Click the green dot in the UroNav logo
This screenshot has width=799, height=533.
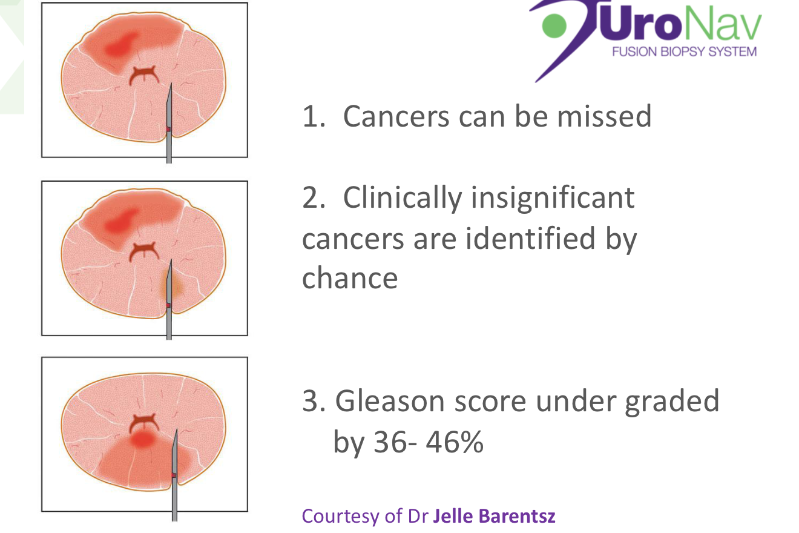click(554, 25)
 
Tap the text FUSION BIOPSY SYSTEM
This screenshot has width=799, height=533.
click(684, 51)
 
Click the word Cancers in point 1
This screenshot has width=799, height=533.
click(396, 116)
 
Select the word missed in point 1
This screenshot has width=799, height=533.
click(605, 116)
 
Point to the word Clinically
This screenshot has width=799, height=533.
click(403, 199)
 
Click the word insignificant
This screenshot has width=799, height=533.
click(553, 198)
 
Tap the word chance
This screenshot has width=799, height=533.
click(350, 278)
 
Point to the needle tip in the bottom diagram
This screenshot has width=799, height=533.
click(177, 429)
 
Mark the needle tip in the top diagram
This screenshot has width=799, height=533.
click(171, 84)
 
